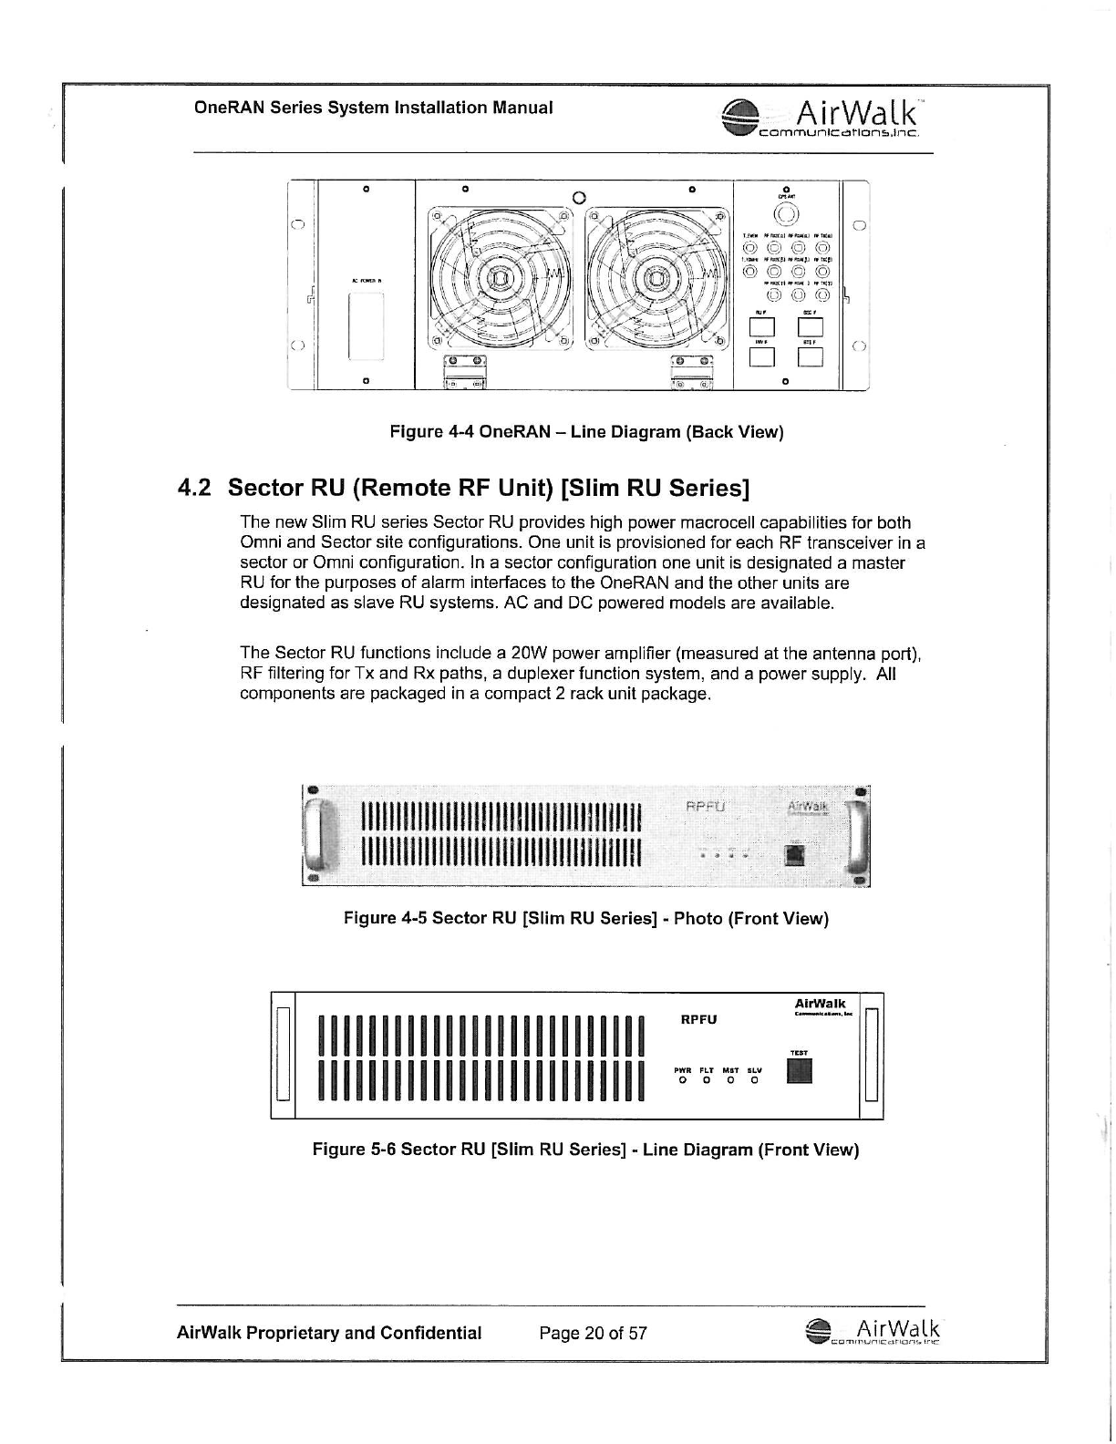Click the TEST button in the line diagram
coord(799,1072)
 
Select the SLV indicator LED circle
coord(754,1081)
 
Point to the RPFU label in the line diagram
coord(699,1019)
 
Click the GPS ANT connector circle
coord(786,216)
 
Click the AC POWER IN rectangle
coord(365,326)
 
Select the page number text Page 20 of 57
coord(593,1334)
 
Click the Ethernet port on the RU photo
coord(795,854)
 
